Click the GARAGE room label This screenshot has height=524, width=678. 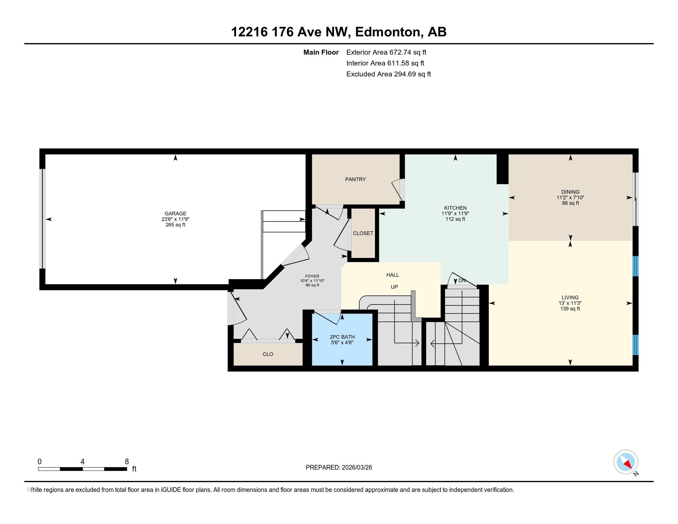175,214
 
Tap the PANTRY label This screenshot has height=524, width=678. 355,179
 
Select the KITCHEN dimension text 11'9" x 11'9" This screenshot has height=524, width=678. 455,214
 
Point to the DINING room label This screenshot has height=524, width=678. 570,192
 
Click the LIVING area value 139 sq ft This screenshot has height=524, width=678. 570,309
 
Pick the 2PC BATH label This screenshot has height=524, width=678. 342,337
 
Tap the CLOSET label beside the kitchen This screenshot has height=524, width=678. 363,233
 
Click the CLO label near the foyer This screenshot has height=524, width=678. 268,354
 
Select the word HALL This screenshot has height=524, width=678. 393,275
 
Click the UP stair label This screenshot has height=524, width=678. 394,287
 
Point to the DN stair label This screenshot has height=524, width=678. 462,280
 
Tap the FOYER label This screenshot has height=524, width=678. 312,276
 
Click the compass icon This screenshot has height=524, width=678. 626,462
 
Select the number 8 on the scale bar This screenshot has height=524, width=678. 127,462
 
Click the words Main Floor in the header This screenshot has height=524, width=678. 321,52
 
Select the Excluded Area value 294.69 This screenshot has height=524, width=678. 405,74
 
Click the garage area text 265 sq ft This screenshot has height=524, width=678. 175,225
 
